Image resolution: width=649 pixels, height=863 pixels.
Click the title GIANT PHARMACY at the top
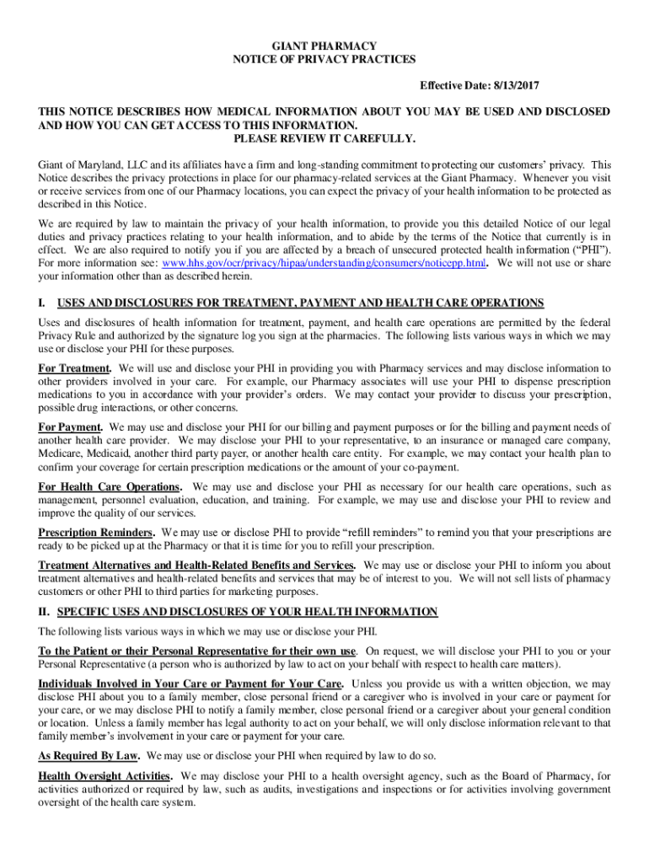click(x=324, y=46)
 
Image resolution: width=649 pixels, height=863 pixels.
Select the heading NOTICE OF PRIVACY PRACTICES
click(x=324, y=60)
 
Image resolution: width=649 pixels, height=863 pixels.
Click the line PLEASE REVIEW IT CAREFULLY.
click(x=324, y=138)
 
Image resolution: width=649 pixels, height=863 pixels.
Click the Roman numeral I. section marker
click(x=42, y=303)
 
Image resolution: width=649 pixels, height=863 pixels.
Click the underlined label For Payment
click(x=71, y=426)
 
